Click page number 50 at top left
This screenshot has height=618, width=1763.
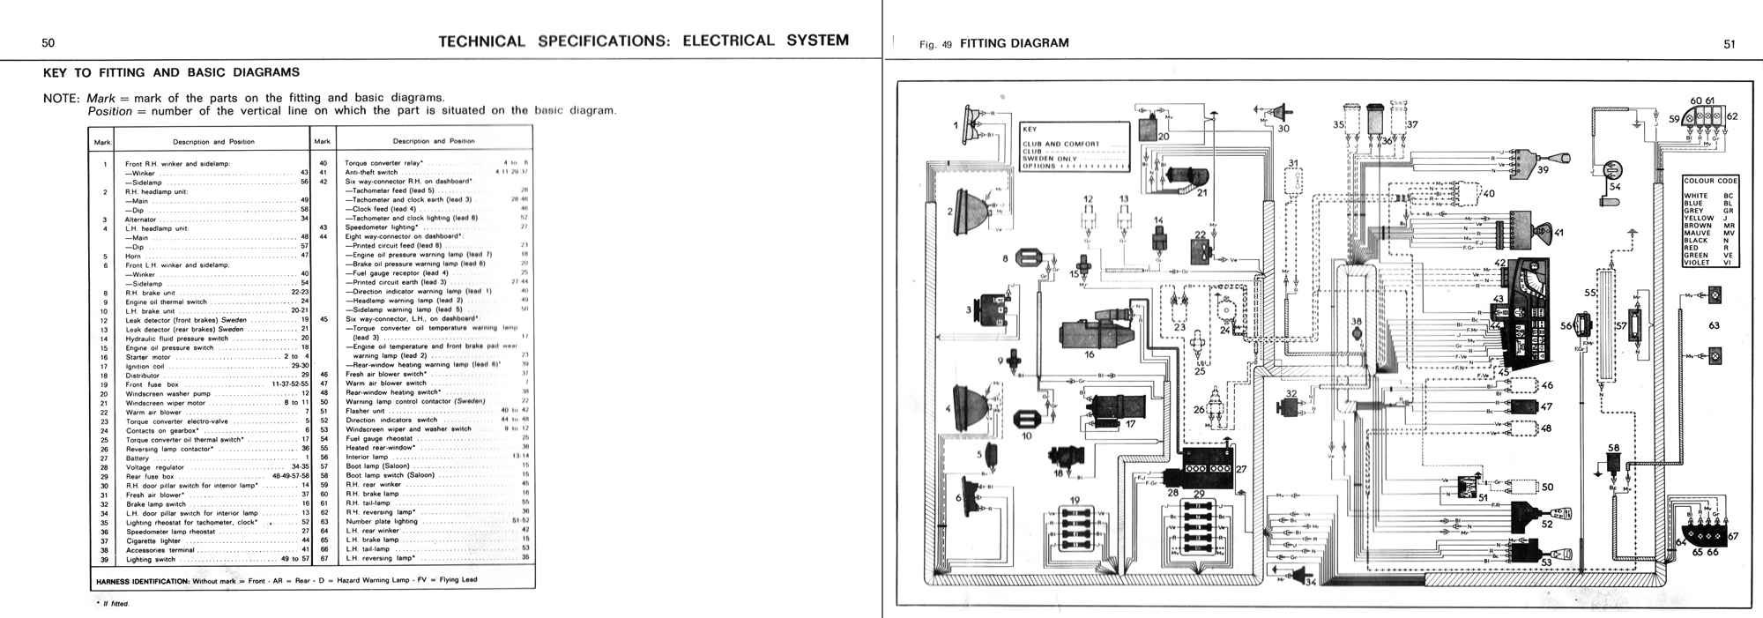[48, 42]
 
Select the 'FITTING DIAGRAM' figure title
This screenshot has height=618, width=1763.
[1014, 43]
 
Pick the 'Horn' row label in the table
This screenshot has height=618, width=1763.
[134, 256]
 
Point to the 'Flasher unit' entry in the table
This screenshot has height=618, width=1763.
[365, 411]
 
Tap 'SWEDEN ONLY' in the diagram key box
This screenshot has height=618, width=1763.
[1050, 159]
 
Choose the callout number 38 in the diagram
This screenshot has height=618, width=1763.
[1357, 323]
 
